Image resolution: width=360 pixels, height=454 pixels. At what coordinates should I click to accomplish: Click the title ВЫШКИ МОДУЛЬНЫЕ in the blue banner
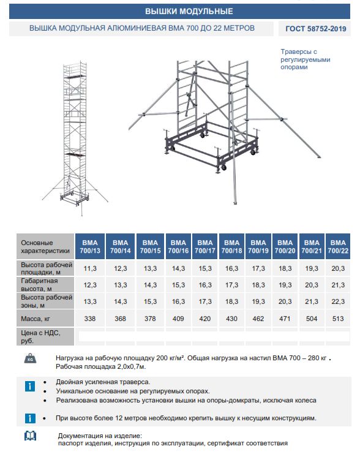[x=189, y=11]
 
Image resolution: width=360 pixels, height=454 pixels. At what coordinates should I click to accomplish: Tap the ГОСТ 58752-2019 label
[x=316, y=29]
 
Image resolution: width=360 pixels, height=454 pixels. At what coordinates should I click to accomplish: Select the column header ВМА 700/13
[x=90, y=246]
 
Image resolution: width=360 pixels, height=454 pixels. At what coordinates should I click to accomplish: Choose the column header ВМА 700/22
[x=338, y=246]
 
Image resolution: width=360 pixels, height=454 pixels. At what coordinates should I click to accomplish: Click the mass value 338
[x=90, y=319]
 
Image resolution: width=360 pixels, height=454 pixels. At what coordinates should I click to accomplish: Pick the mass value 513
[x=338, y=319]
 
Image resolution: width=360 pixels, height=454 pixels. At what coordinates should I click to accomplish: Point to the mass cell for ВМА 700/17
[x=205, y=319]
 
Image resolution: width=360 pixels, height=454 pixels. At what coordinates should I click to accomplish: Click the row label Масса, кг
[x=36, y=319]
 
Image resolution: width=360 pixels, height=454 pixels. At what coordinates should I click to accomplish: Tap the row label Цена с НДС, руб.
[x=40, y=337]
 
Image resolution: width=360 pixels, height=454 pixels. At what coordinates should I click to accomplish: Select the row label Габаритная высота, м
[x=39, y=285]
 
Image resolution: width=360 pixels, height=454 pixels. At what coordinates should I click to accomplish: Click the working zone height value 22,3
[x=338, y=301]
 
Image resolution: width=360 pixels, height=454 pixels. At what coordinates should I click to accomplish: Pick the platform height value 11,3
[x=90, y=268]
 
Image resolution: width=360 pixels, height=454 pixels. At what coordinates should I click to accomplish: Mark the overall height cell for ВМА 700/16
[x=178, y=285]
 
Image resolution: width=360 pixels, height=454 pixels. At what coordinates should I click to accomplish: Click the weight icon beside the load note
[x=30, y=358]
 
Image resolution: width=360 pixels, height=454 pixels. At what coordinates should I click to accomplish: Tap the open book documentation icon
[x=30, y=436]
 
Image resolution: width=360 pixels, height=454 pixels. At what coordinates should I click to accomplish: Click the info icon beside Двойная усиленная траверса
[x=30, y=386]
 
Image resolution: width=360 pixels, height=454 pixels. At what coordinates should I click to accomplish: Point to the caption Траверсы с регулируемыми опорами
[x=306, y=59]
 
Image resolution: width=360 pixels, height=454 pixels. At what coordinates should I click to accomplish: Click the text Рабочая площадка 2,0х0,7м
[x=100, y=366]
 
